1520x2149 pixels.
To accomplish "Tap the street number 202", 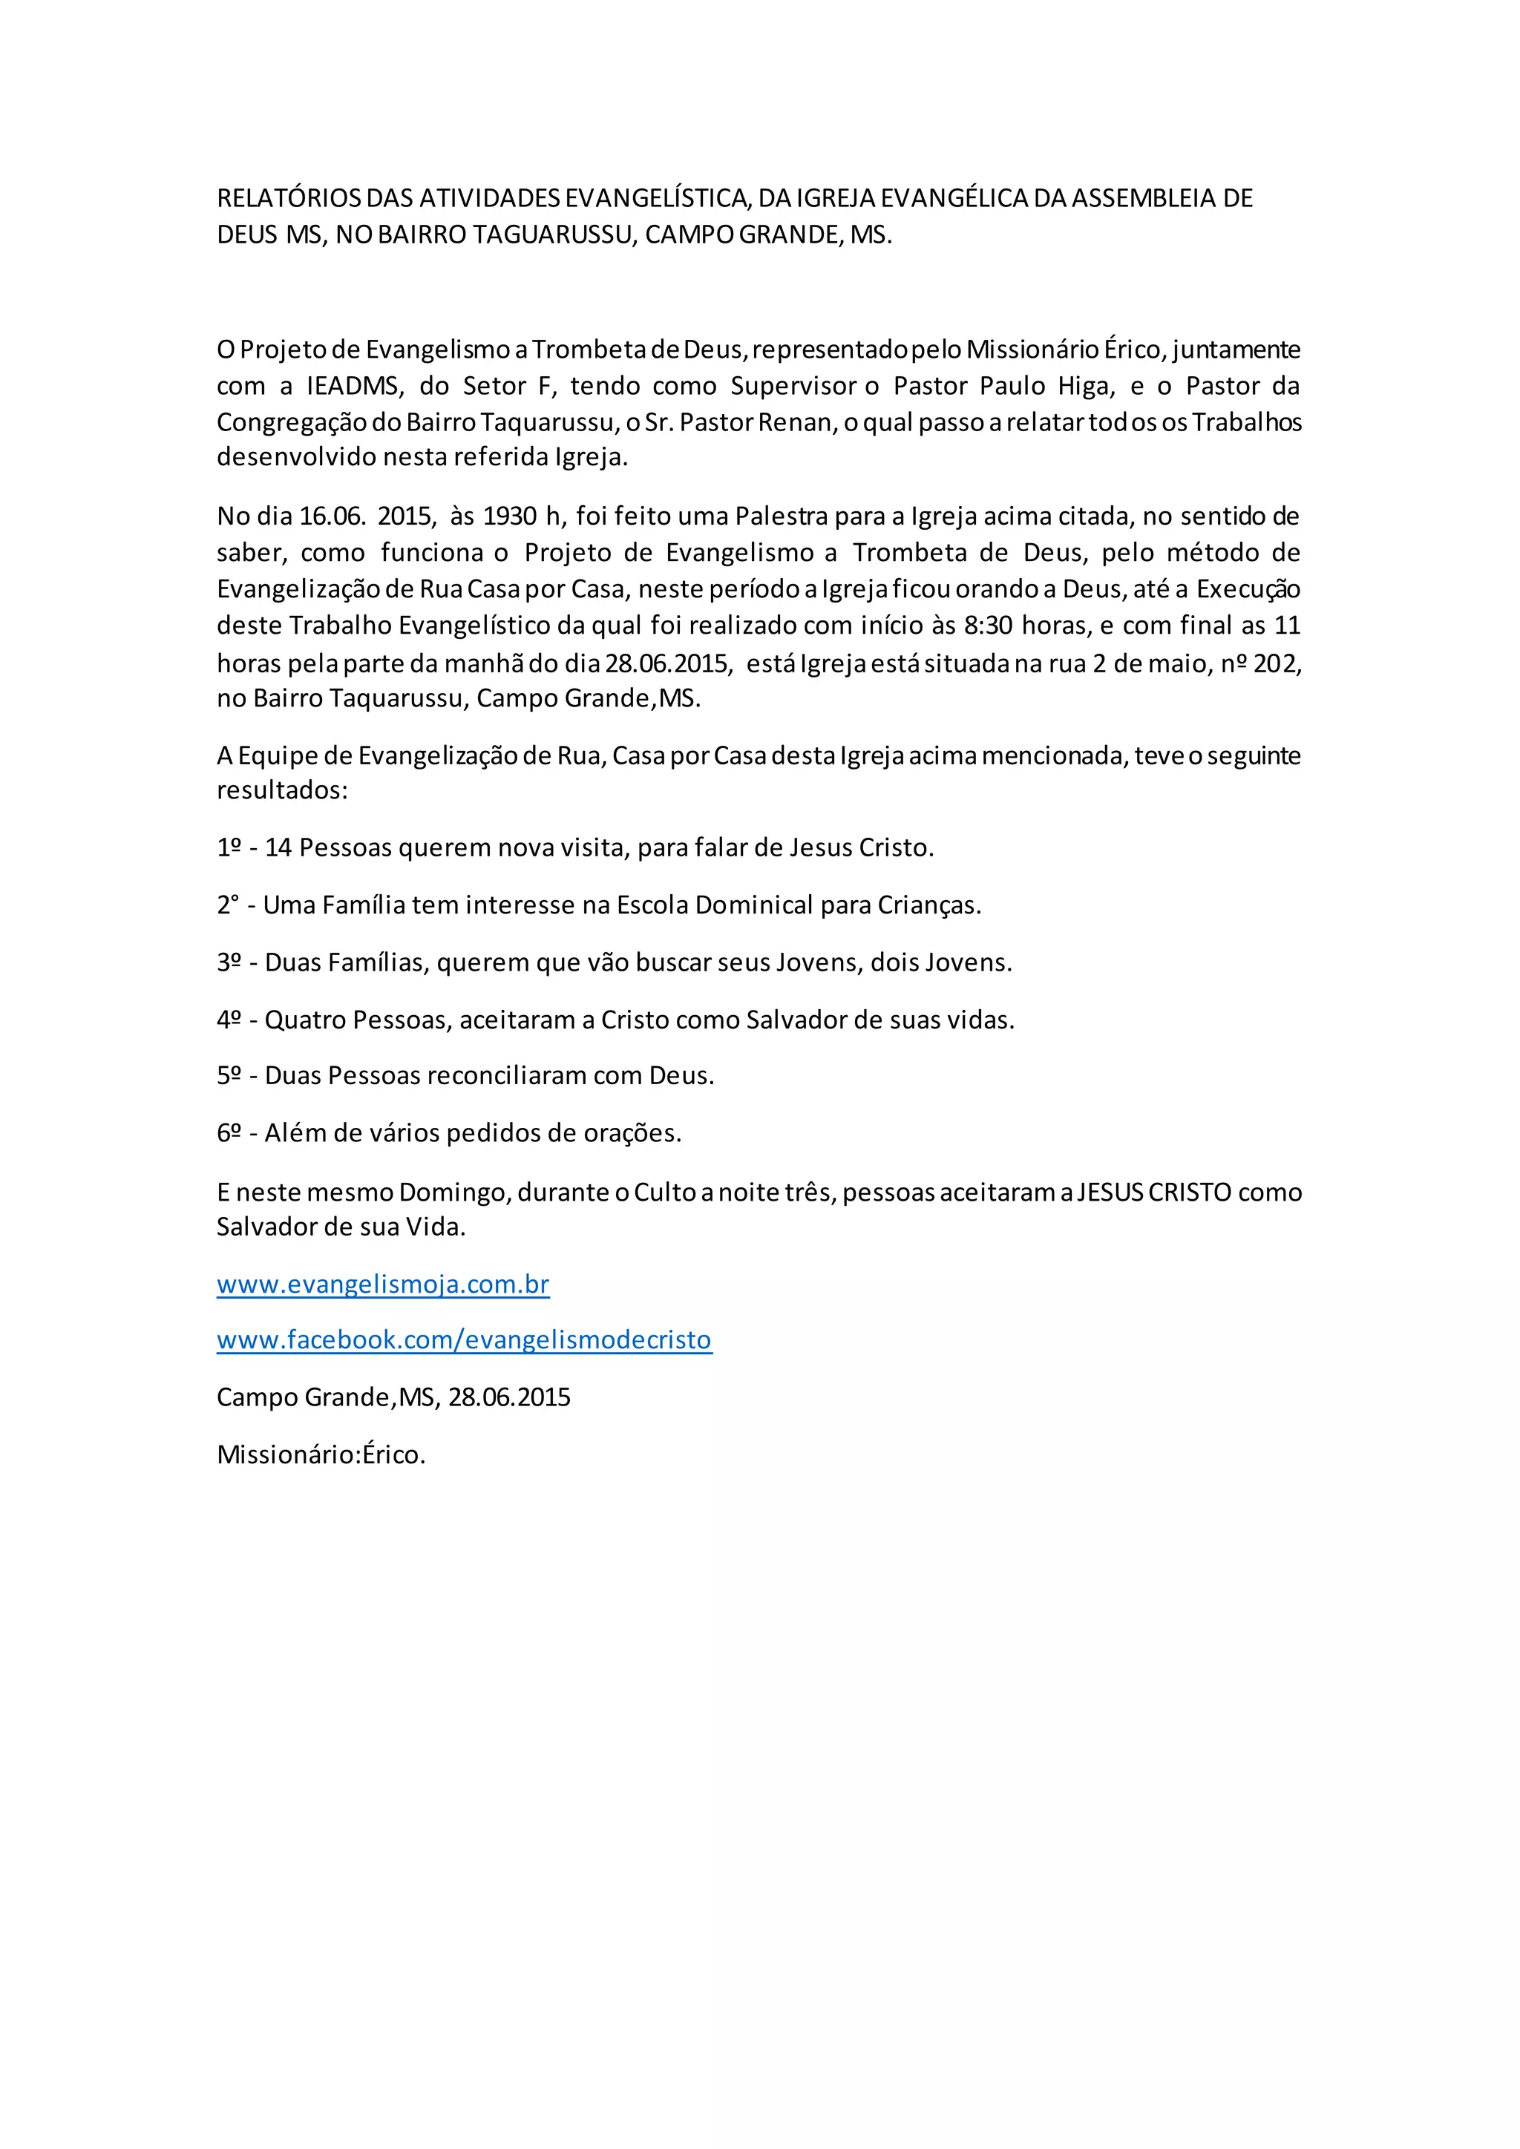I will [x=1277, y=663].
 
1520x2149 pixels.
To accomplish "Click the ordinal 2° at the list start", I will [x=227, y=905].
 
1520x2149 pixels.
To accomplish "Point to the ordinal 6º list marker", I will [x=229, y=1133].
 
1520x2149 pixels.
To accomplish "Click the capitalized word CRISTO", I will [x=1190, y=1192].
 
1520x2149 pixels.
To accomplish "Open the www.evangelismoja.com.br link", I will [x=383, y=1285].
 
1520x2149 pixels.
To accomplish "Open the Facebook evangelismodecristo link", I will [x=464, y=1340].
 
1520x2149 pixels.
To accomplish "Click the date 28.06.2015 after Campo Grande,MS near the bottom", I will [x=509, y=1397].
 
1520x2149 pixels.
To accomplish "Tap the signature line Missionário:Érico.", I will [x=321, y=1454].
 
